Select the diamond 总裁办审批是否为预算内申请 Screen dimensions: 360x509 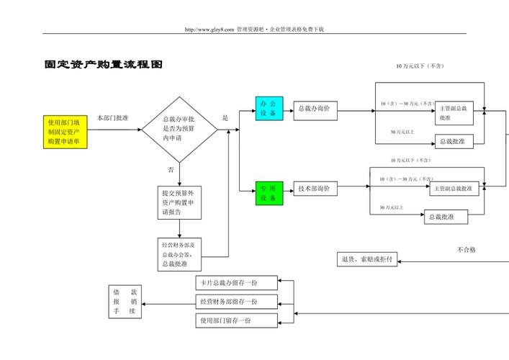pos(179,128)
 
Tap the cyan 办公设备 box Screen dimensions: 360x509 pos(269,109)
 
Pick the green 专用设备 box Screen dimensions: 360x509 pos(269,193)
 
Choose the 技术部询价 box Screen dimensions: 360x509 pos(315,189)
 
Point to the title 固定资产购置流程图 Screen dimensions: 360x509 pos(103,65)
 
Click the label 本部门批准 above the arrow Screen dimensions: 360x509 pos(113,118)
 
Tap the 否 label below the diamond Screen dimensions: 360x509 pos(171,169)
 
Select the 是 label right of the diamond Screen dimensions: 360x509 pos(225,118)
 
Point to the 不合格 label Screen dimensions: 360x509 pos(466,250)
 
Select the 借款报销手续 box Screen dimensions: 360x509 pos(125,302)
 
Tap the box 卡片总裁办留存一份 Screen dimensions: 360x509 pos(236,283)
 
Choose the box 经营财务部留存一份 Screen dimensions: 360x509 pos(236,302)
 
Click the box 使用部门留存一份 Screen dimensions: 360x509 pos(236,320)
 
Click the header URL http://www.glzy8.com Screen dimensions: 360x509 pos(210,30)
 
